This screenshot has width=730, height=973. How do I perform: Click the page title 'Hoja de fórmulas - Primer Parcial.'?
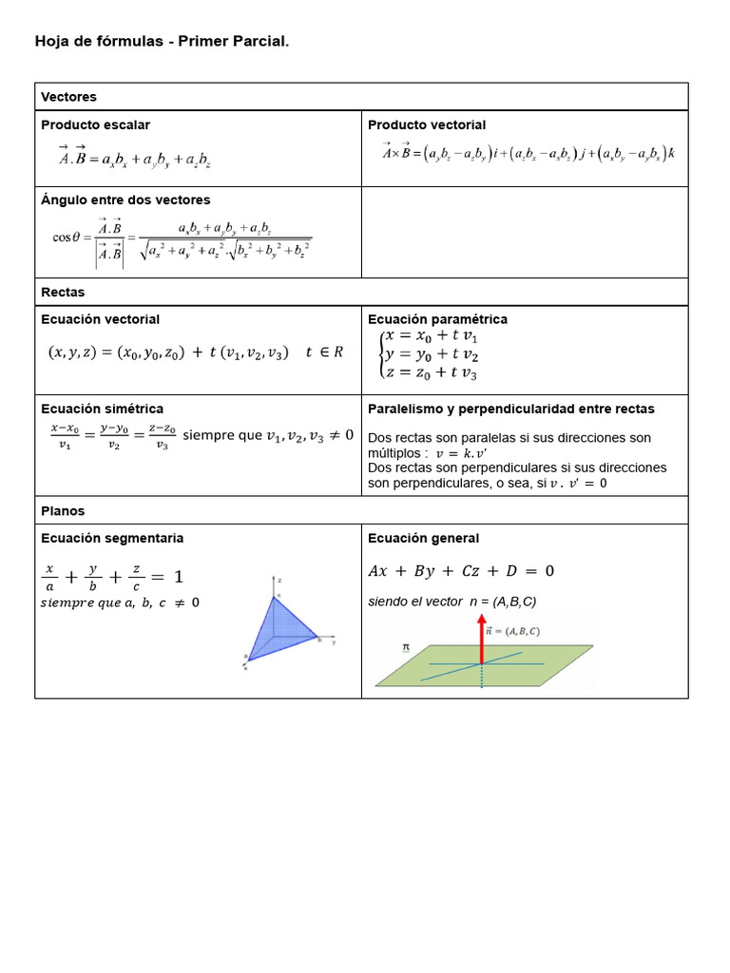tap(162, 42)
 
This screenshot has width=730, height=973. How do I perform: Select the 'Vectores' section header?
tap(68, 97)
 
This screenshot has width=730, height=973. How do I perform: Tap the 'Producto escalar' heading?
tap(95, 124)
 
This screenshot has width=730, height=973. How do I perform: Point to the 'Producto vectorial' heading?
tap(427, 124)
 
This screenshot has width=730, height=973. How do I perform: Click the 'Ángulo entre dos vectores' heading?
tap(125, 200)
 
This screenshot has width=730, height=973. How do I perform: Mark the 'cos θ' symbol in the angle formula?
tap(70, 238)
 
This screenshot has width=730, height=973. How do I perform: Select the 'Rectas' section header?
tap(63, 292)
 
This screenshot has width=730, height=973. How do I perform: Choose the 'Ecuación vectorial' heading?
tap(100, 319)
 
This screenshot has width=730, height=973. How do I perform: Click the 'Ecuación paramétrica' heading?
tap(437, 319)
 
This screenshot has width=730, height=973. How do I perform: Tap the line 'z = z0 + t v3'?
tap(432, 373)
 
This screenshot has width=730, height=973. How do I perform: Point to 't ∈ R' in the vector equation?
tap(324, 353)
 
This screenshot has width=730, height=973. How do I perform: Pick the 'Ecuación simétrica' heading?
tap(102, 409)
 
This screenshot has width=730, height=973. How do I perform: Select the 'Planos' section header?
tap(63, 510)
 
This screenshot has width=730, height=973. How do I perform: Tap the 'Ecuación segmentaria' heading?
tap(112, 538)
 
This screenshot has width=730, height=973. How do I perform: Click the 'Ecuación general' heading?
tap(423, 538)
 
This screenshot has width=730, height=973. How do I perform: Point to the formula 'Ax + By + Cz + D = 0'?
tap(461, 571)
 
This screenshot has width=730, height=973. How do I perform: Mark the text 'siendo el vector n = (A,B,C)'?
tap(451, 601)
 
